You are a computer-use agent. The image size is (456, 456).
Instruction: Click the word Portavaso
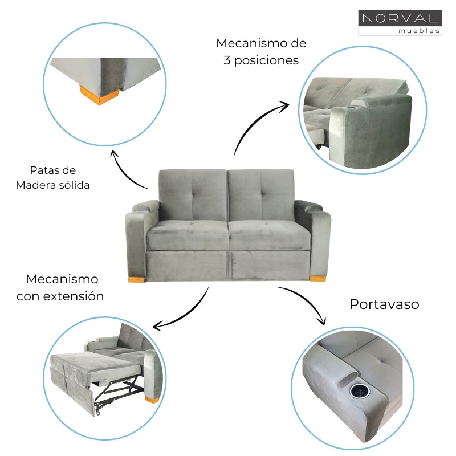pyautogui.click(x=384, y=304)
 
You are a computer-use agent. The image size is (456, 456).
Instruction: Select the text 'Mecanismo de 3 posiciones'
pyautogui.click(x=261, y=52)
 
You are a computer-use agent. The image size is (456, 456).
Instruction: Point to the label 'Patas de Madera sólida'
pyautogui.click(x=52, y=177)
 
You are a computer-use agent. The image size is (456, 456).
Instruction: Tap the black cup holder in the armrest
pyautogui.click(x=360, y=391)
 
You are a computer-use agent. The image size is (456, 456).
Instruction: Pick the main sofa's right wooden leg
pyautogui.click(x=317, y=278)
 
